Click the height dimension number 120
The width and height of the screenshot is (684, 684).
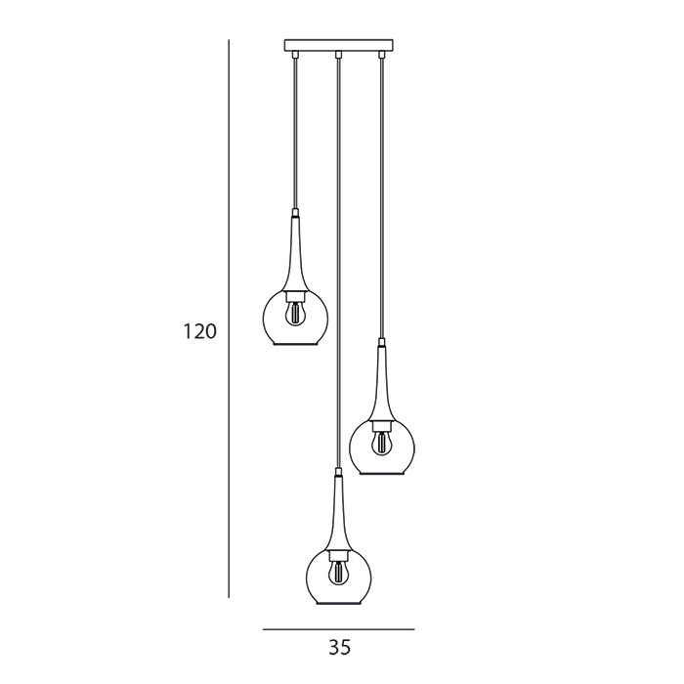click(x=199, y=332)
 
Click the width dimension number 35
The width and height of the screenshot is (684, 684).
click(x=339, y=648)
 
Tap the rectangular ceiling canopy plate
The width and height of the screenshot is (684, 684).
click(x=338, y=45)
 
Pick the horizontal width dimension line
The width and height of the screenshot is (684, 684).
click(x=338, y=629)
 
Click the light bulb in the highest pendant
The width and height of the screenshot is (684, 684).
click(x=296, y=314)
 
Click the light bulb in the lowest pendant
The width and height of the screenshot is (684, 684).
click(x=338, y=574)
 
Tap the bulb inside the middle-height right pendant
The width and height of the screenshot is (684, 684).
click(x=382, y=443)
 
